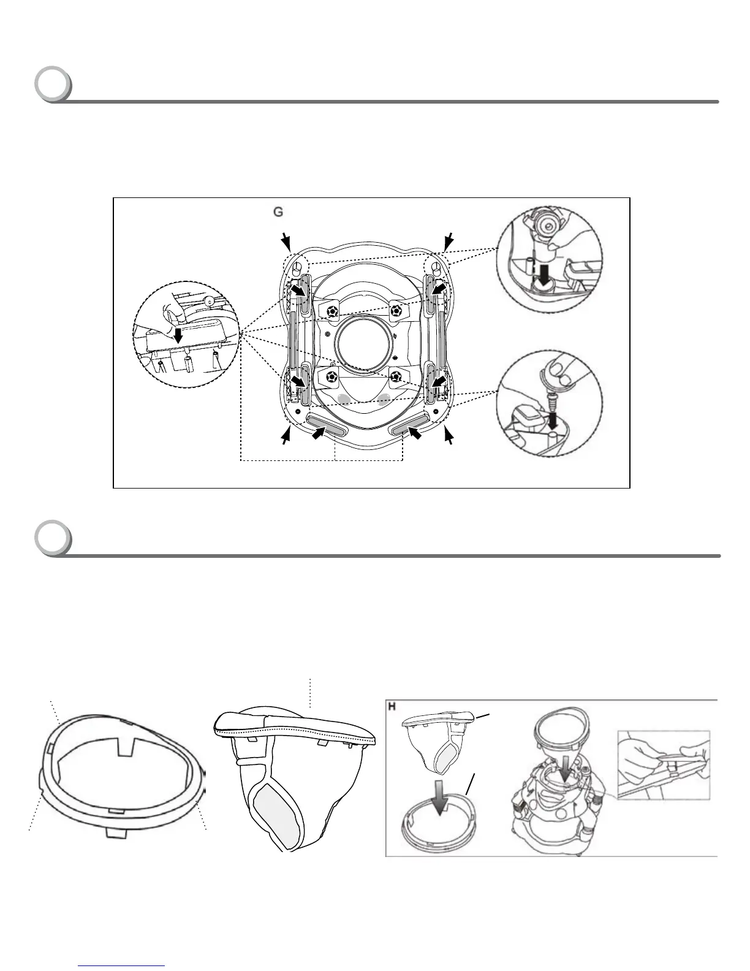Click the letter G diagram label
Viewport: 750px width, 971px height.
278,212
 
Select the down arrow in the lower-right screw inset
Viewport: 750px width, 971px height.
553,420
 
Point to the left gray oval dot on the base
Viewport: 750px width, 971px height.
344,400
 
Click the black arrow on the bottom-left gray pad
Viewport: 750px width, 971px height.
318,433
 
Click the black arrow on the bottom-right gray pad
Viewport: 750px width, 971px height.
414,433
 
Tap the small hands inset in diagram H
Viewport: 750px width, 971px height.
663,763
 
